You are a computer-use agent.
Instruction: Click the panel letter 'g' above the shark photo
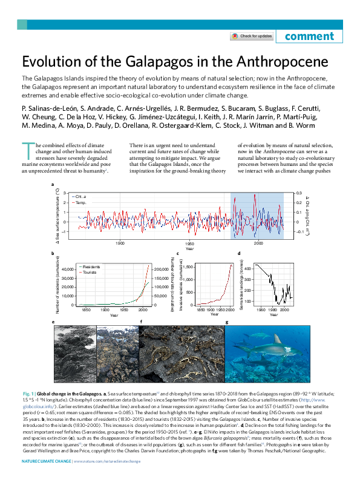click(x=226, y=322)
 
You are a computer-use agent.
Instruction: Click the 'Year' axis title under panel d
click(x=274, y=314)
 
